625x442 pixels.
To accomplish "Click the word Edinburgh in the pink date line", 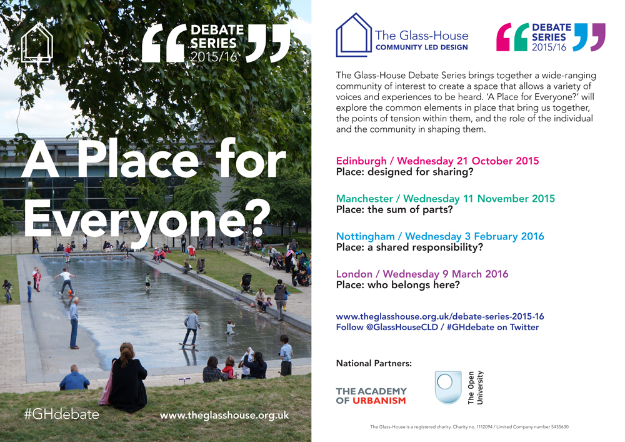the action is point(361,161).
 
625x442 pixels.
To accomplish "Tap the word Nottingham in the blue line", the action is point(366,236).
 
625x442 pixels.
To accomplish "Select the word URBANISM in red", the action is point(379,401).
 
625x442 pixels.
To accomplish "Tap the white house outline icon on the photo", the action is point(37,43).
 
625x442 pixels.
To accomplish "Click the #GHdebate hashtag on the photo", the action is point(62,414).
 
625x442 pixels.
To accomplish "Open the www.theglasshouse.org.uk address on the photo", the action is point(224,415).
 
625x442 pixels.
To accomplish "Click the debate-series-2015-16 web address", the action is point(440,316).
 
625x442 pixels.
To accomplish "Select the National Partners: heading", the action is point(374,363).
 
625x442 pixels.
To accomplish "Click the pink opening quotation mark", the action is point(504,37).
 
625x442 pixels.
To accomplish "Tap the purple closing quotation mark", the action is point(597,37).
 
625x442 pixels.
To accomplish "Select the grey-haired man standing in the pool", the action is point(74,323).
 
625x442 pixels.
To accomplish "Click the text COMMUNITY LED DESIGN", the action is point(422,48).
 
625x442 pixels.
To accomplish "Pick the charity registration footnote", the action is point(469,427).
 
